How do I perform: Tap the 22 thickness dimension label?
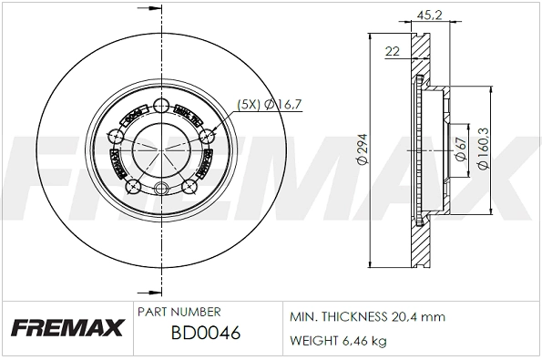click(x=393, y=52)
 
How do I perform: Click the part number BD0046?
click(x=205, y=334)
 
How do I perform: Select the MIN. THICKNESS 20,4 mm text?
click(x=366, y=317)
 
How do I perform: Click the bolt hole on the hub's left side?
click(x=116, y=138)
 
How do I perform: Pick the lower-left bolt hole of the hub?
click(x=134, y=186)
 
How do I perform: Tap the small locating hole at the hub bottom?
click(x=163, y=190)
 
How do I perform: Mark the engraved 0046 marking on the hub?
click(x=132, y=116)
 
